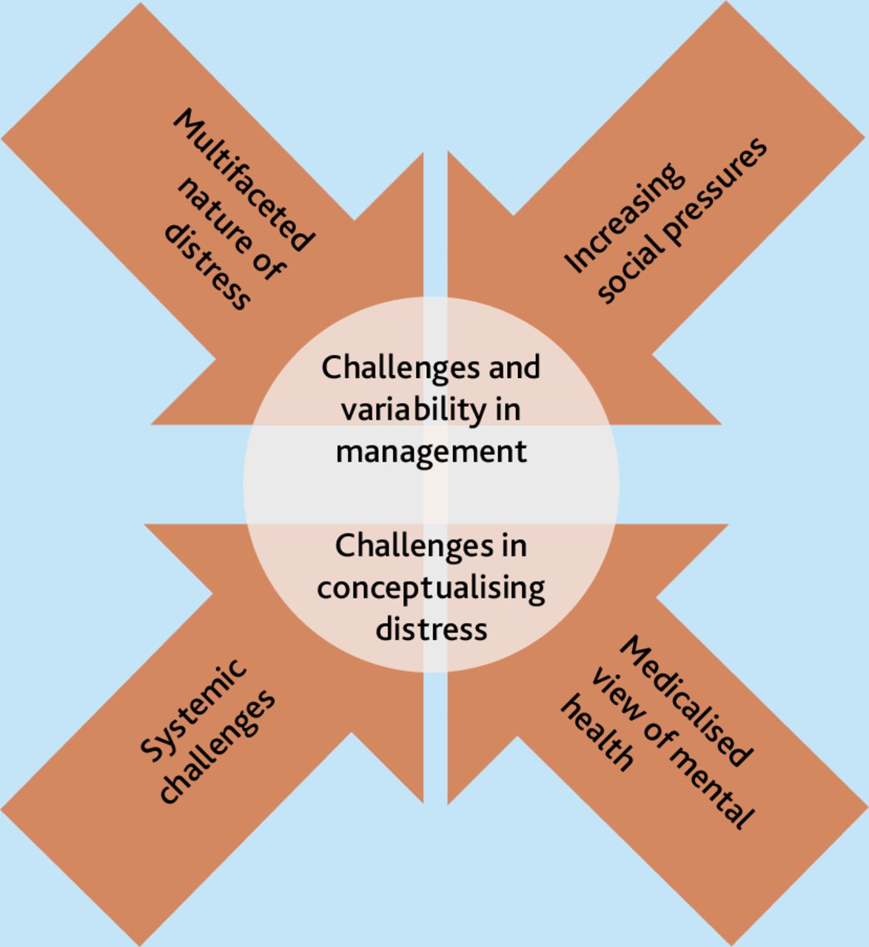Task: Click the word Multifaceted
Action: (x=244, y=179)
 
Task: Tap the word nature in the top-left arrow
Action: (x=215, y=215)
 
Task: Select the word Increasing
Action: (x=624, y=218)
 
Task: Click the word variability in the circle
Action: (x=414, y=410)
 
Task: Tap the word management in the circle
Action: (x=432, y=453)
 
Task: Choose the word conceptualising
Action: (x=431, y=589)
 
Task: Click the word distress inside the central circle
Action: (x=432, y=630)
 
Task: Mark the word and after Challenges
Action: (x=514, y=367)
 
